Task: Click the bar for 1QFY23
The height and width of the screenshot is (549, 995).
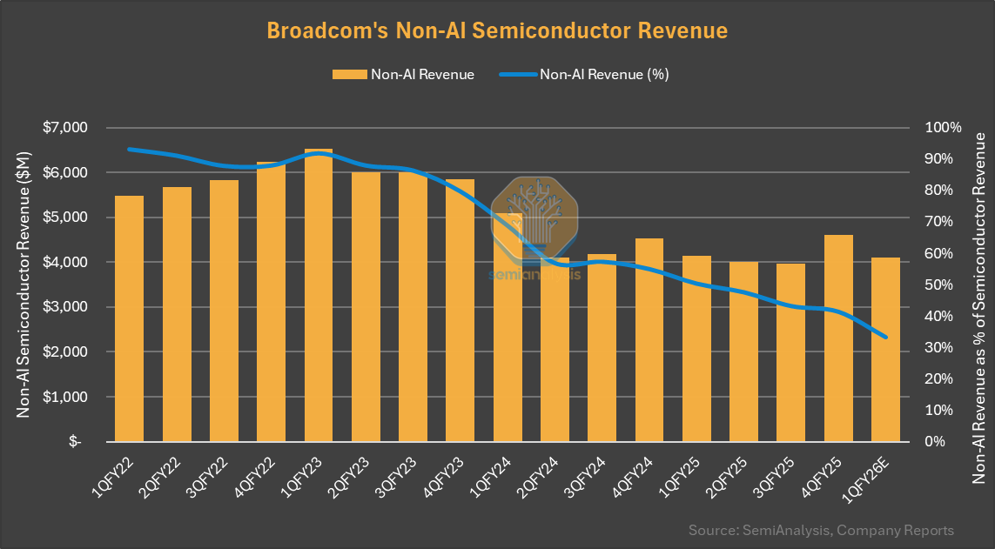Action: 319,296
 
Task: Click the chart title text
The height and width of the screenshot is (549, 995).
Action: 496,30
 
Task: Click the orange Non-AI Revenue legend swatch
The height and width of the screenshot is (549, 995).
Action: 348,74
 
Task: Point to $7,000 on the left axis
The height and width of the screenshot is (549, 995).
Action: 65,127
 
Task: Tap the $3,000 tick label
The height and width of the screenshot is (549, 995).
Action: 65,307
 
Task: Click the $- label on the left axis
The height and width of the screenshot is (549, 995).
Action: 75,442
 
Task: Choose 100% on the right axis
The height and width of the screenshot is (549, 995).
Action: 943,127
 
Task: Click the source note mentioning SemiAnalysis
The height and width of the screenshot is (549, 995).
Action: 820,530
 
